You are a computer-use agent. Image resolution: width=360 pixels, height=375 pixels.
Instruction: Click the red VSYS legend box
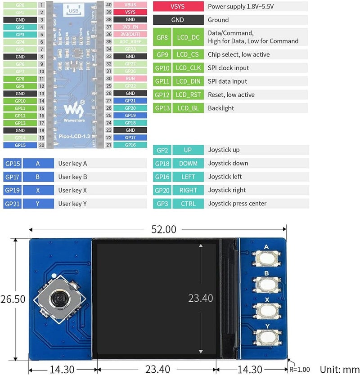[177, 7]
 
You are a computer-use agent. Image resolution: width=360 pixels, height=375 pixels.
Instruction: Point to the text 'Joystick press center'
[237, 204]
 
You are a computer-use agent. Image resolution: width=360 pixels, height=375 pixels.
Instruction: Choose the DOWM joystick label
[188, 163]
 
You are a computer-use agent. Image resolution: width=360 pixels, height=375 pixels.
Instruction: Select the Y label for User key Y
[38, 204]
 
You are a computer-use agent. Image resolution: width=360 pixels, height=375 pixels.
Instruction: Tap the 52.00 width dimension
[164, 229]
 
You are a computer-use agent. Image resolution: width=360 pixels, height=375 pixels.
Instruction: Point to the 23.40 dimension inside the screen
[200, 298]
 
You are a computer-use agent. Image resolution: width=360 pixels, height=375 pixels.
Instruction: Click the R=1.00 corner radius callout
[299, 370]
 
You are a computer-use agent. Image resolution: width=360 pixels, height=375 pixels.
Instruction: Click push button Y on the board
[266, 337]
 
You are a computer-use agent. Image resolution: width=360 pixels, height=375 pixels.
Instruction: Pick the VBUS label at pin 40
[130, 4]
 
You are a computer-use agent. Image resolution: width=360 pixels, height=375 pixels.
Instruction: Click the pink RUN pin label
[130, 78]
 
